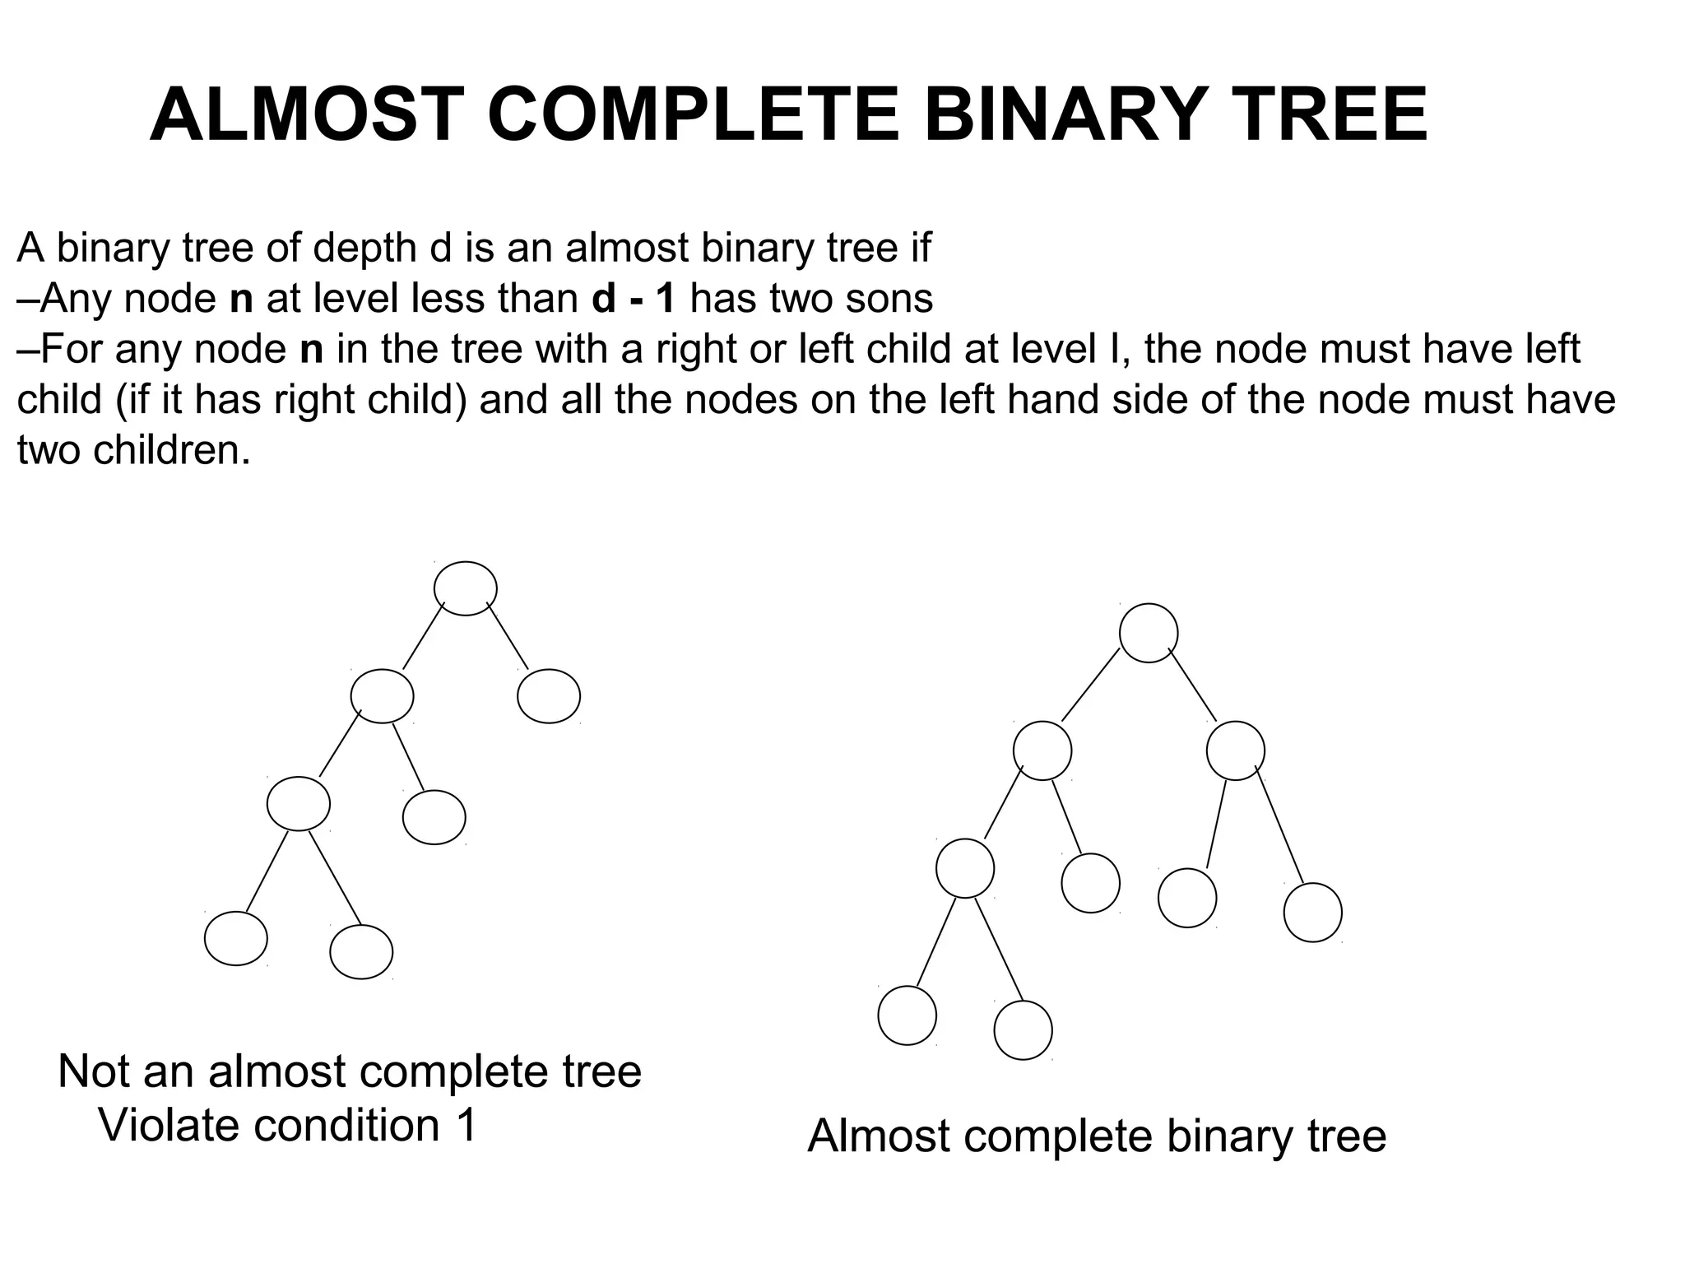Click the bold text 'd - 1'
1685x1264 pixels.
coord(634,298)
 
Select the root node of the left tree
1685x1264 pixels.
coord(465,588)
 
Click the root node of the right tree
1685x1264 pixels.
coord(1149,633)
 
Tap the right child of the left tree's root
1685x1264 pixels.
coord(549,696)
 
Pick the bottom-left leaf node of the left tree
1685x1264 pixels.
coord(236,938)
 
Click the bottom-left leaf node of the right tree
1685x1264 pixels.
coord(907,1015)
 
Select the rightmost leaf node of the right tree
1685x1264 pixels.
coord(1312,912)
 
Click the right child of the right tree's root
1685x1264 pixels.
coord(1235,750)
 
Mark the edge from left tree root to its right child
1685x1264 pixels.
coord(508,636)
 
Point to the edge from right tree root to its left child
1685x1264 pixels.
coord(1090,685)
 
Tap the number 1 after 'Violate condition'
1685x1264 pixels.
coord(467,1125)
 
